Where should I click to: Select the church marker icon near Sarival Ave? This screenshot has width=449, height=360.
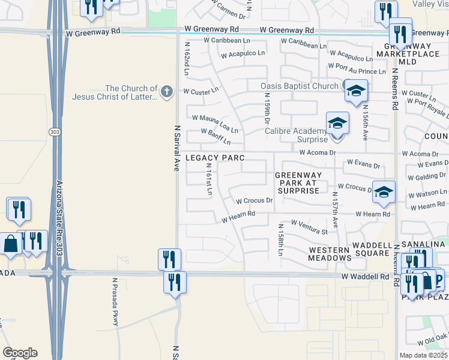pyautogui.click(x=167, y=91)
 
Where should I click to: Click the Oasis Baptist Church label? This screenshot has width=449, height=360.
pyautogui.click(x=300, y=86)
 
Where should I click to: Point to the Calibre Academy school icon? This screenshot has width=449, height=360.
pyautogui.click(x=337, y=124)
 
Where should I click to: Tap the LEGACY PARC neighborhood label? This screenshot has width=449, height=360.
pyautogui.click(x=214, y=157)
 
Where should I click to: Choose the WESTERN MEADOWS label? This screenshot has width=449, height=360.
pyautogui.click(x=330, y=254)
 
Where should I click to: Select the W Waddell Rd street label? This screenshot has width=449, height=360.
pyautogui.click(x=366, y=277)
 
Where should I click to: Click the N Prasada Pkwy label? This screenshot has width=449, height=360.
pyautogui.click(x=115, y=302)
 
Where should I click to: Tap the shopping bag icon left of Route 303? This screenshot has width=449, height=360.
pyautogui.click(x=11, y=244)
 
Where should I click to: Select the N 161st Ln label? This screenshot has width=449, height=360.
pyautogui.click(x=209, y=179)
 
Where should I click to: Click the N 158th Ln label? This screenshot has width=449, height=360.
pyautogui.click(x=280, y=240)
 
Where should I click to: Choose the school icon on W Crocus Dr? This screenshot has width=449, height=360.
pyautogui.click(x=384, y=192)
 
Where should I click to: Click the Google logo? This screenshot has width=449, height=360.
pyautogui.click(x=20, y=353)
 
